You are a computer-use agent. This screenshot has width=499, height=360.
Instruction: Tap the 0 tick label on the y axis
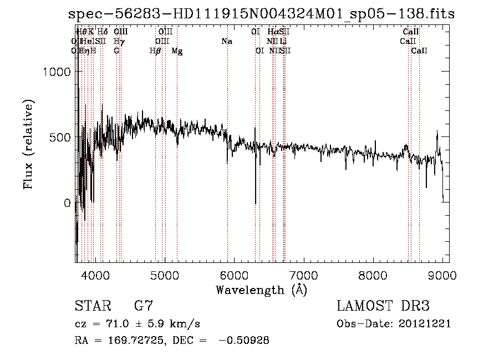(67, 204)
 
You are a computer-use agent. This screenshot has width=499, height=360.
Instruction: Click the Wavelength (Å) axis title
(261, 289)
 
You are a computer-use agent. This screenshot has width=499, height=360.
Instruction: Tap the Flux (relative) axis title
(28, 144)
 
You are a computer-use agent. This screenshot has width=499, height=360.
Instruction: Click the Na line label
(226, 41)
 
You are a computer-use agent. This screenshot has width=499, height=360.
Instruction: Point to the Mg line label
(177, 51)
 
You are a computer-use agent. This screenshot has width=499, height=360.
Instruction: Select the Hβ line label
(155, 51)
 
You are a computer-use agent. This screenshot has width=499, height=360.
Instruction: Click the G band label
(116, 51)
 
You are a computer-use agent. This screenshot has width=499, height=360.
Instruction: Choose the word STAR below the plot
(92, 306)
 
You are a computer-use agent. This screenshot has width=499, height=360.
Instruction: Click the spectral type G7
(144, 306)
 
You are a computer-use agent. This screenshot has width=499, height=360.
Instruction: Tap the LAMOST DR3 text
(383, 306)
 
